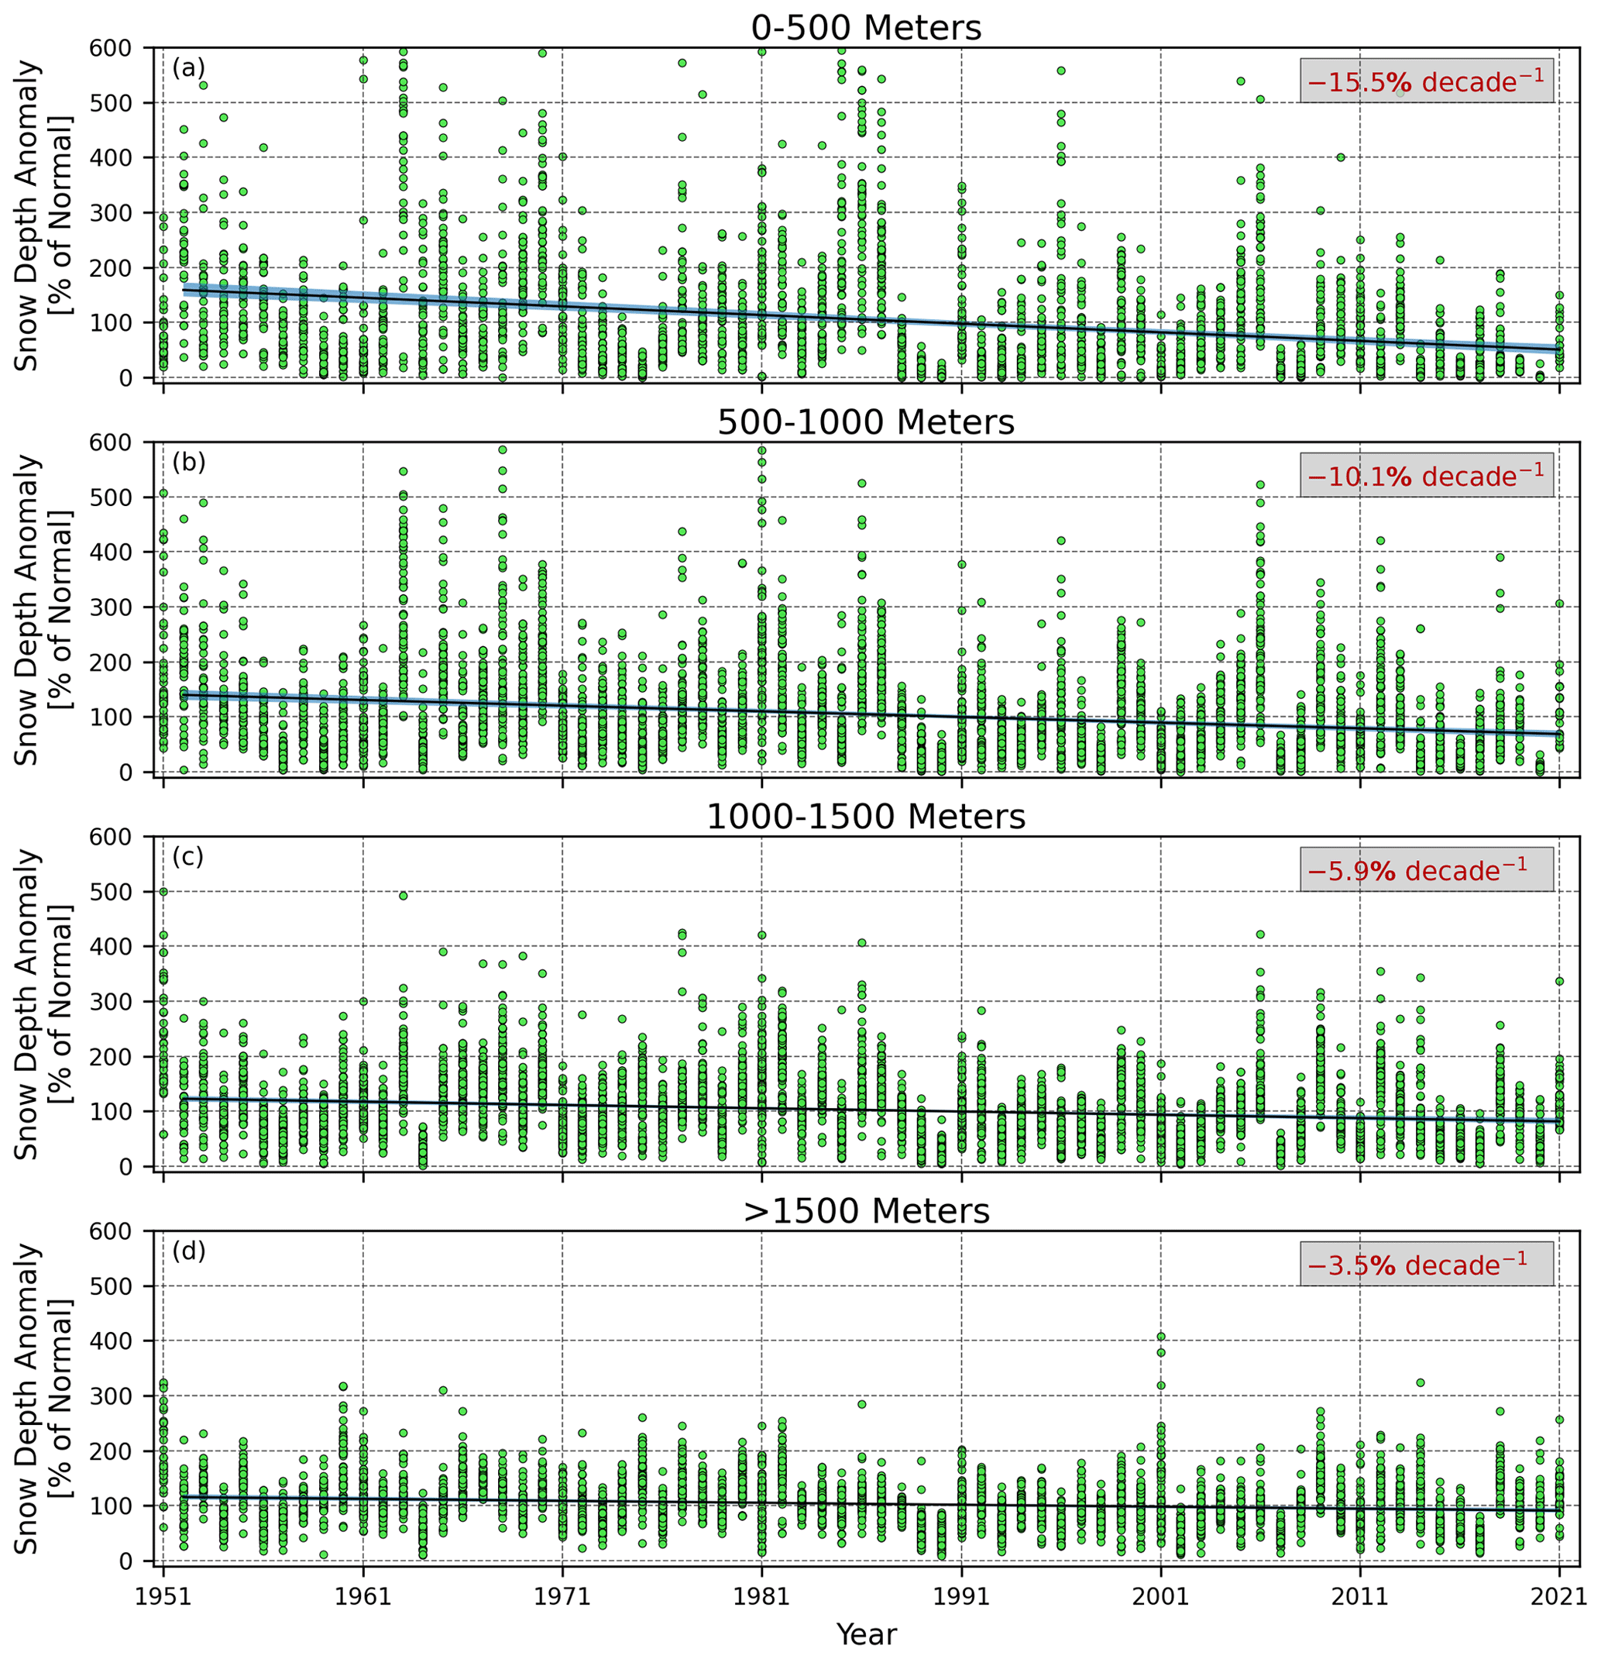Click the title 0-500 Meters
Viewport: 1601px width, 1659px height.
coord(866,28)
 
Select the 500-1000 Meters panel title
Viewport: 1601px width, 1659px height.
coord(866,422)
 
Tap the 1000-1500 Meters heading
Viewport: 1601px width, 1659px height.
coord(866,817)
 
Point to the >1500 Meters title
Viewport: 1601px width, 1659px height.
coord(866,1211)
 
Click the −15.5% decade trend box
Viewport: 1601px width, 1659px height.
coord(1426,81)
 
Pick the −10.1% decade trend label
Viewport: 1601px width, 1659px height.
coord(1426,475)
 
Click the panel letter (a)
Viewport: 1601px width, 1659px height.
coord(188,67)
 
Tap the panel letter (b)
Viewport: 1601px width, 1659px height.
coord(188,462)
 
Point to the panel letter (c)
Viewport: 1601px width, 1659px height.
coord(188,856)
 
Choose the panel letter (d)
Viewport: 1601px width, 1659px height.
coord(188,1251)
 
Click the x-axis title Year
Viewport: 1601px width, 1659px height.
coord(866,1633)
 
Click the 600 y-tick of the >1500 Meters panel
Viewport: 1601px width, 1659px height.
coord(110,1231)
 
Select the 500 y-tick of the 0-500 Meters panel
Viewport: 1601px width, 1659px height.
coord(110,103)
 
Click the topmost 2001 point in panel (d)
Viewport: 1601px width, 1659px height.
coord(1161,1337)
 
